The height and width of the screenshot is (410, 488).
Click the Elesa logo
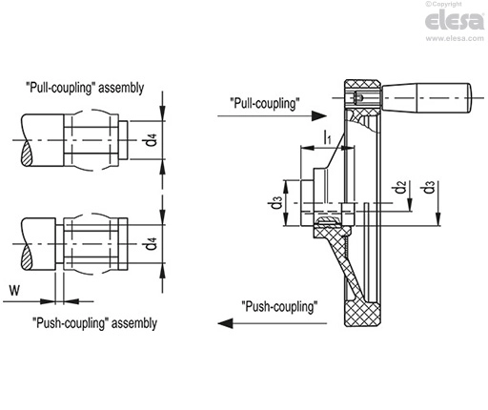pos(455,20)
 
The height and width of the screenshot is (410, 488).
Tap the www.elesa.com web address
pos(455,38)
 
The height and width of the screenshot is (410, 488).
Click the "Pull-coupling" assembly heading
pos(85,88)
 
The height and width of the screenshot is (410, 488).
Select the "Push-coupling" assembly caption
pos(94,323)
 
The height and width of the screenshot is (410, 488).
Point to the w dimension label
pos(14,290)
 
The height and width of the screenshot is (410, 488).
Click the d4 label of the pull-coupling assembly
pos(152,140)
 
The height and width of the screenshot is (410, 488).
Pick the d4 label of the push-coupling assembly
pos(152,244)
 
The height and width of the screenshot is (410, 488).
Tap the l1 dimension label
pos(327,136)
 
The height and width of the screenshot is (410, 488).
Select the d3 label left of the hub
pos(276,202)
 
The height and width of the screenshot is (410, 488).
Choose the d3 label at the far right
pos(429,187)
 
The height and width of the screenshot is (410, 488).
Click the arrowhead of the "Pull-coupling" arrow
pos(319,116)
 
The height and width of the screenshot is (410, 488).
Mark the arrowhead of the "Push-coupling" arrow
pos(225,323)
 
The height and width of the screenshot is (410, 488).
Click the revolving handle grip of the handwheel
pos(427,97)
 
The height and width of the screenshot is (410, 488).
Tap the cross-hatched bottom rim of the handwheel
pos(363,314)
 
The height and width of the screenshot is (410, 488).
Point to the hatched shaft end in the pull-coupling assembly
pos(27,154)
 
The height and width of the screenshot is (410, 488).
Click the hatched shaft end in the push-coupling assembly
pos(27,257)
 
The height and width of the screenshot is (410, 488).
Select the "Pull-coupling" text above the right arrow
pos(265,104)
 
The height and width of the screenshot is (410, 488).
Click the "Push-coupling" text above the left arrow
pos(279,307)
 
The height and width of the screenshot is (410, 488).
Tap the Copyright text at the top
pos(443,4)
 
